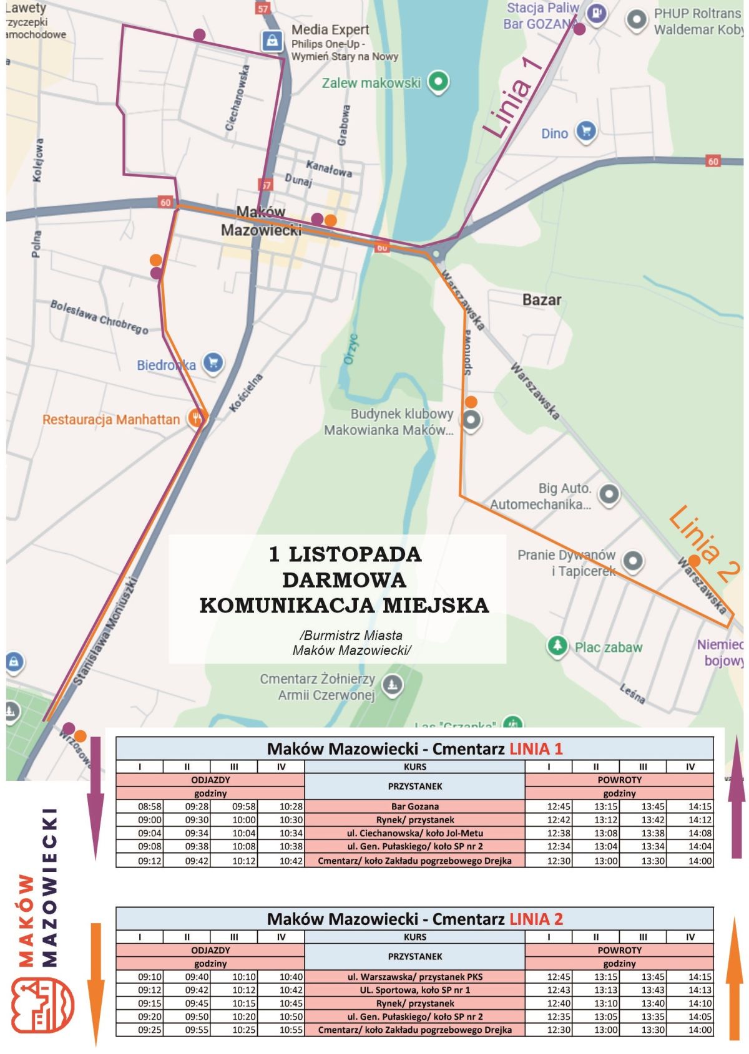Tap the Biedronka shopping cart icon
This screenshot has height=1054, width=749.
(x=213, y=363)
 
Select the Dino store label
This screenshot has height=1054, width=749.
(x=554, y=133)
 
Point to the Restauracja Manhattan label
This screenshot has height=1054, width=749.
(x=111, y=420)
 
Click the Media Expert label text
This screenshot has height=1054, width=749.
(x=330, y=30)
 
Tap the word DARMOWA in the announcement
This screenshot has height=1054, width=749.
(x=344, y=580)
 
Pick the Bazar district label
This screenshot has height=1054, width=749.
(x=542, y=300)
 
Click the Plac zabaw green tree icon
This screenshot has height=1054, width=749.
(x=557, y=645)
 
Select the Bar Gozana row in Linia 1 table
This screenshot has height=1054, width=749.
(x=414, y=806)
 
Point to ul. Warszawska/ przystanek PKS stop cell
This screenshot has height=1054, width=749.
(x=414, y=977)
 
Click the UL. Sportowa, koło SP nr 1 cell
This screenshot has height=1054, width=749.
(x=414, y=990)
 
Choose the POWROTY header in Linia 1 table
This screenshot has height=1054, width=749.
(x=619, y=780)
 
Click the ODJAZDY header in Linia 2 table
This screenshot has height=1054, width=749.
(x=210, y=950)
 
